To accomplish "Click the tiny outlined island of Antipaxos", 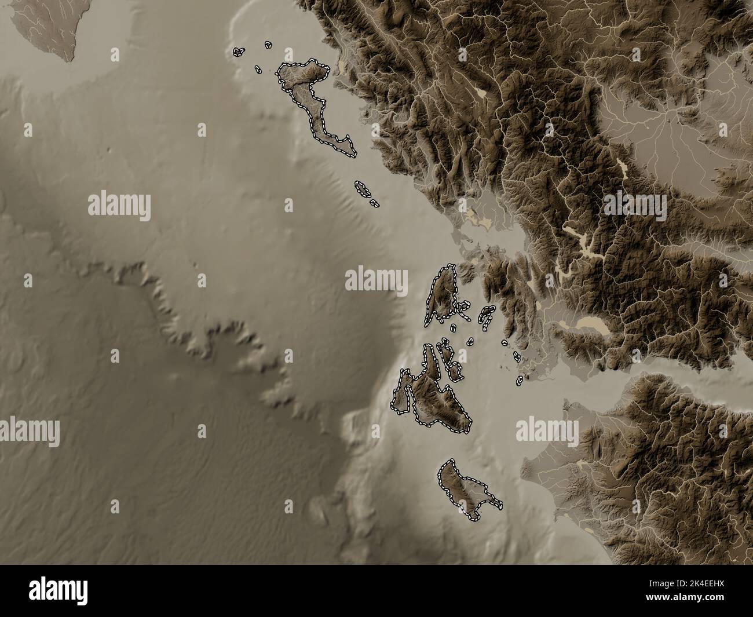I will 375,204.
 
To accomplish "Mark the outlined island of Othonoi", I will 237,52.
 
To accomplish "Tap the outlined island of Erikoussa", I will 268,44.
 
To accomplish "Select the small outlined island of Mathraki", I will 257,70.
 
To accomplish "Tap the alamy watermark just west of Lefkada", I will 376,280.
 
